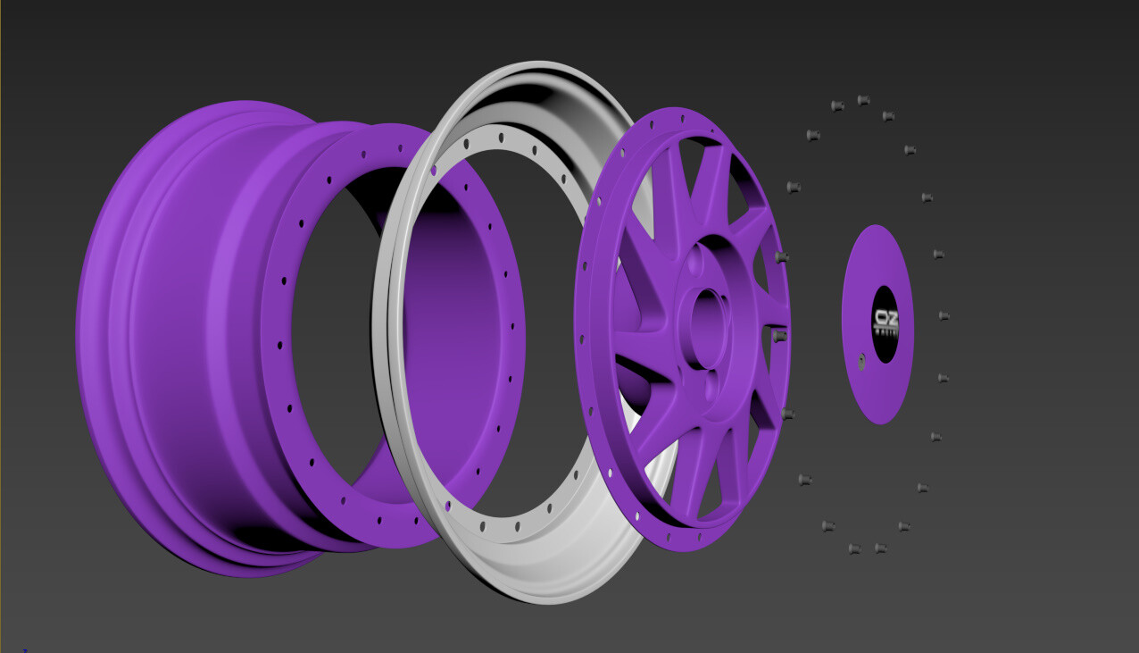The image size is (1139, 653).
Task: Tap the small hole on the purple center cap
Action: coord(861,361)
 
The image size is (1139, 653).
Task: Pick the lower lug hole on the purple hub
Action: coord(710,386)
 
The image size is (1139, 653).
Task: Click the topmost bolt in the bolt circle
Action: coord(863,100)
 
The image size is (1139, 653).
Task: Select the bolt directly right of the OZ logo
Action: coord(944,315)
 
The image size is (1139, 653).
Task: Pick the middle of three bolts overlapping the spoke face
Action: coord(779,336)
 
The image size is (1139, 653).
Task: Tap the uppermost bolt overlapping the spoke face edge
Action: coord(782,257)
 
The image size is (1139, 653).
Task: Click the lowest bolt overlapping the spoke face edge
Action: coord(786,414)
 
